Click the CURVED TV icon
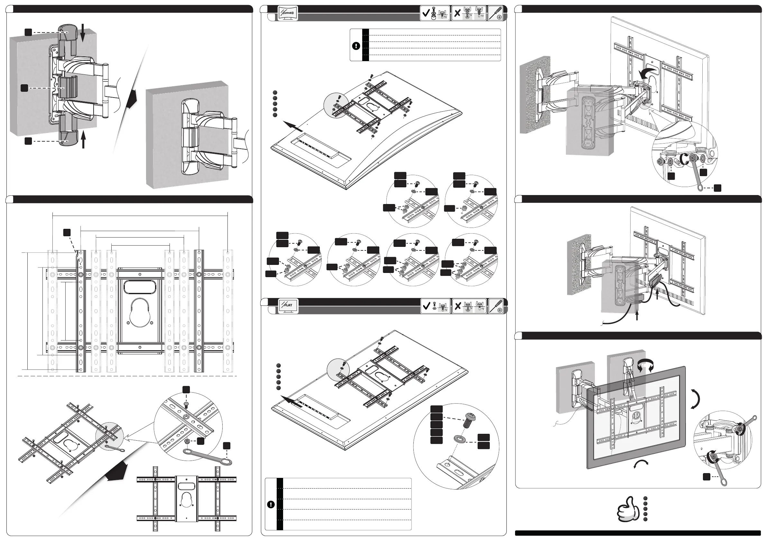point(287,13)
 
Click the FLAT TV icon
point(288,305)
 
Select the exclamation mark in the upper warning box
point(356,46)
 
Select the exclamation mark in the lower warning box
point(271,504)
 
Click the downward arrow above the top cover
point(83,35)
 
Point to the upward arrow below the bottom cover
point(83,139)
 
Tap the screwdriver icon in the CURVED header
point(496,13)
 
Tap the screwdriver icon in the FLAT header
point(496,306)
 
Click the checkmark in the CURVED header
point(426,13)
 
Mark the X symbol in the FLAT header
point(458,306)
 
